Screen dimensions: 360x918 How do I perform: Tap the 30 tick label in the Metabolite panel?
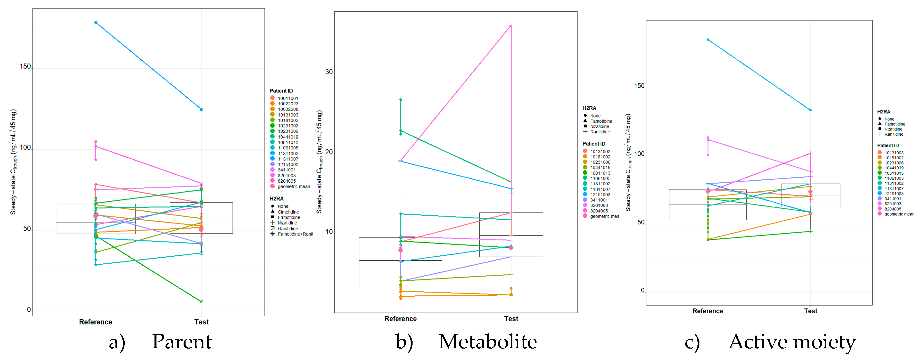click(x=329, y=72)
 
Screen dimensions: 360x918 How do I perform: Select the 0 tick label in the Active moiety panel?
click(x=643, y=290)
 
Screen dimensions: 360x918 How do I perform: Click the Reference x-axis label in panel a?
click(x=96, y=322)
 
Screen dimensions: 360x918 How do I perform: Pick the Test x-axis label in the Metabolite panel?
click(x=511, y=319)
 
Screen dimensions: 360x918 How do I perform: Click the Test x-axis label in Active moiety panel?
click(x=810, y=311)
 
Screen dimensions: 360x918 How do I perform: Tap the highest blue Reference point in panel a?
click(x=96, y=22)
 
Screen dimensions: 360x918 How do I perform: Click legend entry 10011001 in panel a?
click(x=288, y=98)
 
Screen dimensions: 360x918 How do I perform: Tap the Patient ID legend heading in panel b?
click(x=594, y=144)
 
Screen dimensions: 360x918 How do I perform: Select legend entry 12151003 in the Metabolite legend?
click(x=600, y=195)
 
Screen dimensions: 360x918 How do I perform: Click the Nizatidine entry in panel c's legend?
click(x=893, y=129)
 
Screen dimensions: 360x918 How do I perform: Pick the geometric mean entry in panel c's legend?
click(x=899, y=214)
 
